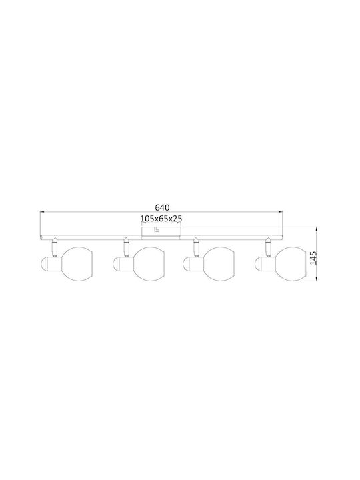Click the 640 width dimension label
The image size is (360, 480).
click(x=162, y=207)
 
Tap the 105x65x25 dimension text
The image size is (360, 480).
click(x=161, y=219)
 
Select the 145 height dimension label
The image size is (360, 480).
click(x=313, y=258)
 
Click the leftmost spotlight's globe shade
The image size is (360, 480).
click(x=77, y=263)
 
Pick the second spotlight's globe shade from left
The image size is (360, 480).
click(x=149, y=263)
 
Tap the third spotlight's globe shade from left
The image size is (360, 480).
click(x=219, y=263)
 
